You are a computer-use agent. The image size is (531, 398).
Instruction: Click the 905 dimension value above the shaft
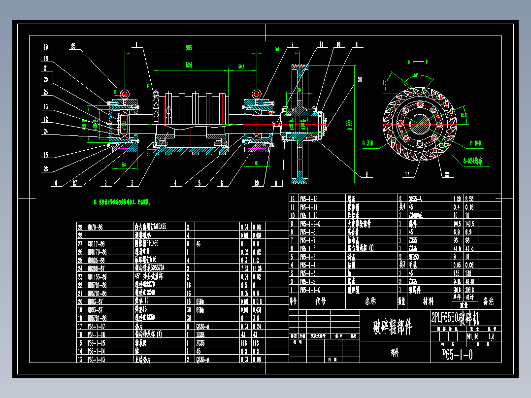189,48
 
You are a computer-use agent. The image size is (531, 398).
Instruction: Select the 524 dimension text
189,65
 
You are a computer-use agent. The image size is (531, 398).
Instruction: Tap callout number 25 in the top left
74,47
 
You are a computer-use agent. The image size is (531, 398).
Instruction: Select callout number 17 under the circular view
407,174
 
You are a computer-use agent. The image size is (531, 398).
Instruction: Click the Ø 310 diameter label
368,143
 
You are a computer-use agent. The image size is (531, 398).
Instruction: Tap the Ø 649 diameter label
475,143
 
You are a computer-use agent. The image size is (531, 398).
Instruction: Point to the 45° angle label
386,83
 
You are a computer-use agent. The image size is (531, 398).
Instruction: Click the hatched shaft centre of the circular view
418,124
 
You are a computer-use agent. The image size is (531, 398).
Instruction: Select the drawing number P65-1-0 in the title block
458,355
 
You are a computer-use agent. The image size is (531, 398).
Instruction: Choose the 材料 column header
427,300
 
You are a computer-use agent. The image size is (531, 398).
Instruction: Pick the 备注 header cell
488,300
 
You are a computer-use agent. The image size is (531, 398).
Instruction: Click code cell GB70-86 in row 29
96,227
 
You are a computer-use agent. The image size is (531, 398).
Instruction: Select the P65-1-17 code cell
97,326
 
